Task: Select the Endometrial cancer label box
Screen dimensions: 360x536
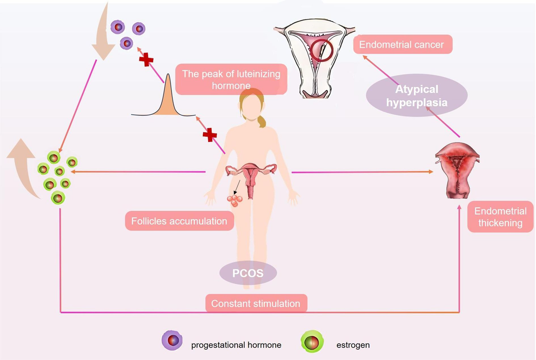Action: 402,45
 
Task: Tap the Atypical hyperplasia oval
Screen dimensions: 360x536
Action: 416,95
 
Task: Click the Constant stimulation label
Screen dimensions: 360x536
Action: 255,303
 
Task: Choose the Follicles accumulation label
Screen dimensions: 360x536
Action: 179,221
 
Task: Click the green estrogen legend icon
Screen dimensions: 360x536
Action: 311,342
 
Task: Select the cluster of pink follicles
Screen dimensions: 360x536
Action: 235,201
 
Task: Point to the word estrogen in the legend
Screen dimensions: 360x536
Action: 353,345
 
